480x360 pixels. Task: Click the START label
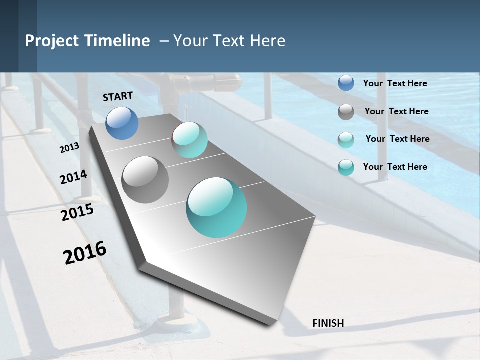coord(118,96)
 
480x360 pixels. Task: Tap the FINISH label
coord(328,323)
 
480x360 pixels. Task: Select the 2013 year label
coord(69,148)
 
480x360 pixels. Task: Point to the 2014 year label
coord(73,177)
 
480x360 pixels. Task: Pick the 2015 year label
coord(77,212)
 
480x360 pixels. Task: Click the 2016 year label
coord(85,253)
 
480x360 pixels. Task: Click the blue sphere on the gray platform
coord(122,123)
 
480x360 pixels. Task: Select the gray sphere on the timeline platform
coord(145,180)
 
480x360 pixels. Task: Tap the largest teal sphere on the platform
coord(216,207)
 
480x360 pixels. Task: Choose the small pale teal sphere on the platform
coord(190,140)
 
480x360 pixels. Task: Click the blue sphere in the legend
coord(346,83)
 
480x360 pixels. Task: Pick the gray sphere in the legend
coord(346,112)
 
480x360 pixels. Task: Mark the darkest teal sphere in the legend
coord(346,167)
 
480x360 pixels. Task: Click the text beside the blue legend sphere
coord(395,83)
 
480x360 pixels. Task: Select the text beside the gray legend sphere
coord(396,111)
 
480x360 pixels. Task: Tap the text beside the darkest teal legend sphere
coord(395,167)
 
